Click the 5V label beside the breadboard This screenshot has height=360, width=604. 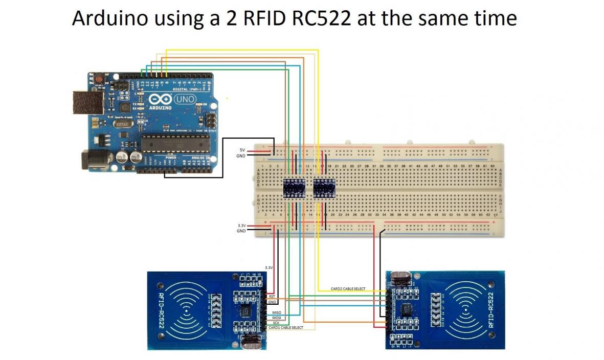coord(242,149)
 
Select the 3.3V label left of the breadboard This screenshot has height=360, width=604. coord(241,226)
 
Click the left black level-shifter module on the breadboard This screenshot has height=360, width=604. coord(294,188)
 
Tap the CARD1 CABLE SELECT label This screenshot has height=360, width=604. coord(285,327)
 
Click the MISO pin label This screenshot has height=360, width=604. coord(276,312)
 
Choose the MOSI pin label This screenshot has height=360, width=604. coord(277,318)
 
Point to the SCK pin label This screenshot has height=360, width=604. coord(276,323)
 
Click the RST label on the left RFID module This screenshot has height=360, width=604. coord(272,296)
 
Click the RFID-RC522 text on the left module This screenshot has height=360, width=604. coord(162,311)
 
